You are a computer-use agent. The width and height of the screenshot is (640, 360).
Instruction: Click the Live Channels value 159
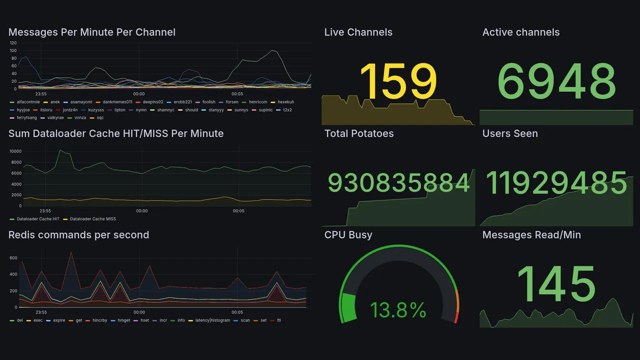click(398, 81)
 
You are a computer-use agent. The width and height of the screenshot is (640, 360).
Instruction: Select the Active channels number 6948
click(557, 81)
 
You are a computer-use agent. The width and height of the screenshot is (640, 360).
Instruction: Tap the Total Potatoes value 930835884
click(398, 183)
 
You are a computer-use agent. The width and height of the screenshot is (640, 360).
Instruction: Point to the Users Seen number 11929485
click(556, 183)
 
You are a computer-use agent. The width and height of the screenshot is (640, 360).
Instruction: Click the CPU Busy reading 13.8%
click(398, 310)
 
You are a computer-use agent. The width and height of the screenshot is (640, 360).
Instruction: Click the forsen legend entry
click(232, 102)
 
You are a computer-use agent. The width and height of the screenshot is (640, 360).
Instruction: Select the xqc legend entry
click(100, 117)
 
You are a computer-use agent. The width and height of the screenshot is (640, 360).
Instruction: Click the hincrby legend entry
click(100, 320)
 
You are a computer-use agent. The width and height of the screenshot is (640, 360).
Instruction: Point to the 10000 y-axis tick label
click(15, 151)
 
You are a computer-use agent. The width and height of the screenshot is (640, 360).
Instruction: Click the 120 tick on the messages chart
click(13, 43)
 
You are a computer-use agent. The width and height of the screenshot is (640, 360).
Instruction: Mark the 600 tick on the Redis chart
click(13, 257)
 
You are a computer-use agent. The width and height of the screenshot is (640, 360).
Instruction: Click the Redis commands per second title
click(78, 235)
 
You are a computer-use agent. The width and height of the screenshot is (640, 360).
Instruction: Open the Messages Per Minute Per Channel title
click(92, 32)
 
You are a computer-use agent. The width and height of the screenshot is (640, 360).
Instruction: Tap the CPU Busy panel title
click(348, 235)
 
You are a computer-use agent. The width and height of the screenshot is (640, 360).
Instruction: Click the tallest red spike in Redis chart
click(71, 252)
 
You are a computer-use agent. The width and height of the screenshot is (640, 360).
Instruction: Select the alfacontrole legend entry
click(28, 102)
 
